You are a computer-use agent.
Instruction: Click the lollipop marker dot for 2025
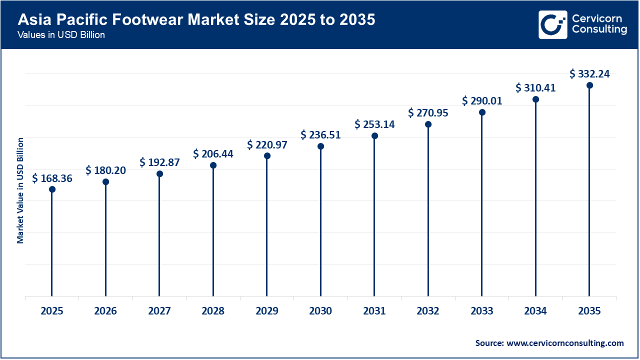tap(52, 189)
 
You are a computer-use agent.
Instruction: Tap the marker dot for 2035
tap(589, 85)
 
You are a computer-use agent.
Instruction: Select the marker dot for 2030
tap(320, 146)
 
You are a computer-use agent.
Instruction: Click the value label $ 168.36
tap(52, 178)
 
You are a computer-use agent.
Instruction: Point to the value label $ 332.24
tap(589, 74)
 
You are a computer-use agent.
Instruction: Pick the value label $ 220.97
tap(267, 145)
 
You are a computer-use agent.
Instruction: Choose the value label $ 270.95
tap(428, 113)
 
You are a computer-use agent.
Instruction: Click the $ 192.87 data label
tap(159, 162)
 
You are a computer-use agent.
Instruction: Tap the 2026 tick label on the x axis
tap(105, 311)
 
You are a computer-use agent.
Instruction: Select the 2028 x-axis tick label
tap(213, 311)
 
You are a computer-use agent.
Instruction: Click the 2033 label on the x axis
tap(482, 311)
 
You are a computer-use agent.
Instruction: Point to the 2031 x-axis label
tap(374, 311)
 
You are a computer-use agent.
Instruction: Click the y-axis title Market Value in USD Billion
tap(20, 190)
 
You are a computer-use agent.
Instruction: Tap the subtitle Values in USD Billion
tap(61, 35)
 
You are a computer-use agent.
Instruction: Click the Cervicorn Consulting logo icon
tap(552, 24)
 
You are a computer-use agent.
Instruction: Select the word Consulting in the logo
tap(599, 30)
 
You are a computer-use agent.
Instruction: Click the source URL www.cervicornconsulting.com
tap(565, 343)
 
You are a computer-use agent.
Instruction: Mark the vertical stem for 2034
tap(535, 200)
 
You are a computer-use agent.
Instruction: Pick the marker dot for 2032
tap(428, 124)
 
